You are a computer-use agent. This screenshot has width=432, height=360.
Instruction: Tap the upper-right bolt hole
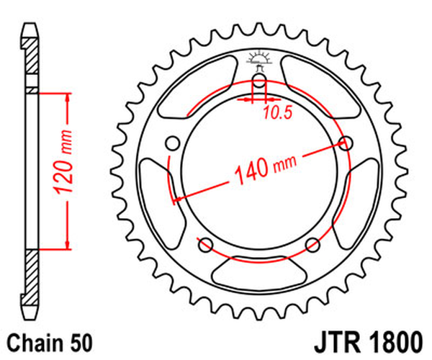tap(346, 143)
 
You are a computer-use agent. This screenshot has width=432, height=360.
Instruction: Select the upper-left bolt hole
tap(172, 143)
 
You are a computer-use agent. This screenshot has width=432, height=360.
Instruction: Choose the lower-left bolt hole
tap(205, 243)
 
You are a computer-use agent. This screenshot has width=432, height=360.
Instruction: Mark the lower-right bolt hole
tap(312, 243)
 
